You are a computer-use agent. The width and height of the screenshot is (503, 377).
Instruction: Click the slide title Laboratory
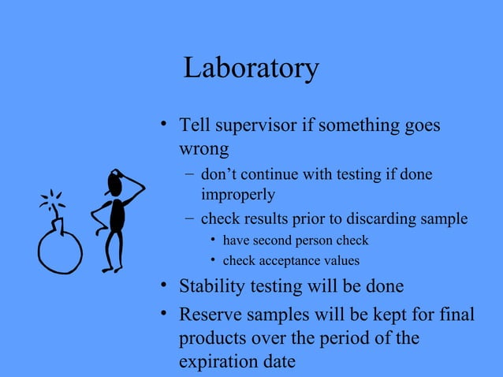251,69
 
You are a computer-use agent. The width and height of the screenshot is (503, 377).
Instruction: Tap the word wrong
204,148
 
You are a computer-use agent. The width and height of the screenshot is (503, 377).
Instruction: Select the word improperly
237,194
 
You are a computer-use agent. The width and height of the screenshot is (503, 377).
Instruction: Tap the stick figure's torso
117,216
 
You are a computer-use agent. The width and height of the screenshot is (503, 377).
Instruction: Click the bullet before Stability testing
162,285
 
